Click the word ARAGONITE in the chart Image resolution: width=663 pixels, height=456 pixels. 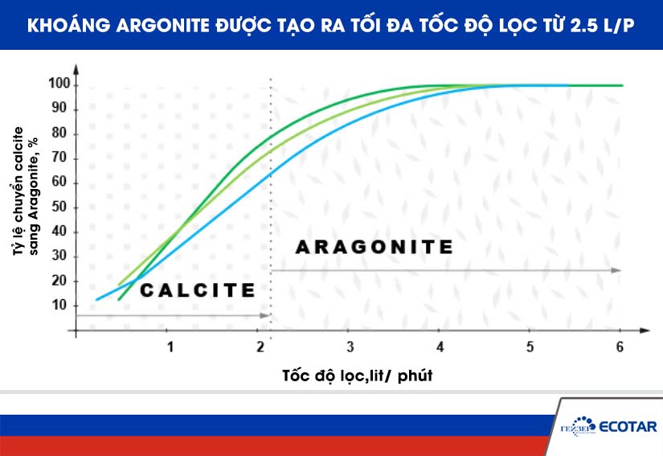click(x=374, y=247)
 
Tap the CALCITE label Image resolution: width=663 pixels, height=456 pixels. click(x=197, y=290)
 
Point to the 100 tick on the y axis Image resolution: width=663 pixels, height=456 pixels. click(x=60, y=84)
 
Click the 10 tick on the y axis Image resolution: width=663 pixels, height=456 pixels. click(x=60, y=306)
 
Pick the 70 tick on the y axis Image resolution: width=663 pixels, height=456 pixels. click(x=60, y=158)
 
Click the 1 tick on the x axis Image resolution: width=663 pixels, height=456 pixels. click(x=170, y=347)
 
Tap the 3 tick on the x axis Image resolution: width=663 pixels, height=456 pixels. click(x=350, y=347)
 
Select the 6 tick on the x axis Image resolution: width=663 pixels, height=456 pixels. click(x=620, y=347)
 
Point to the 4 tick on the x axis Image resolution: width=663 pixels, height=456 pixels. click(x=440, y=347)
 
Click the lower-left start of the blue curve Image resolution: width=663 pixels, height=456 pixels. click(x=97, y=299)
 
